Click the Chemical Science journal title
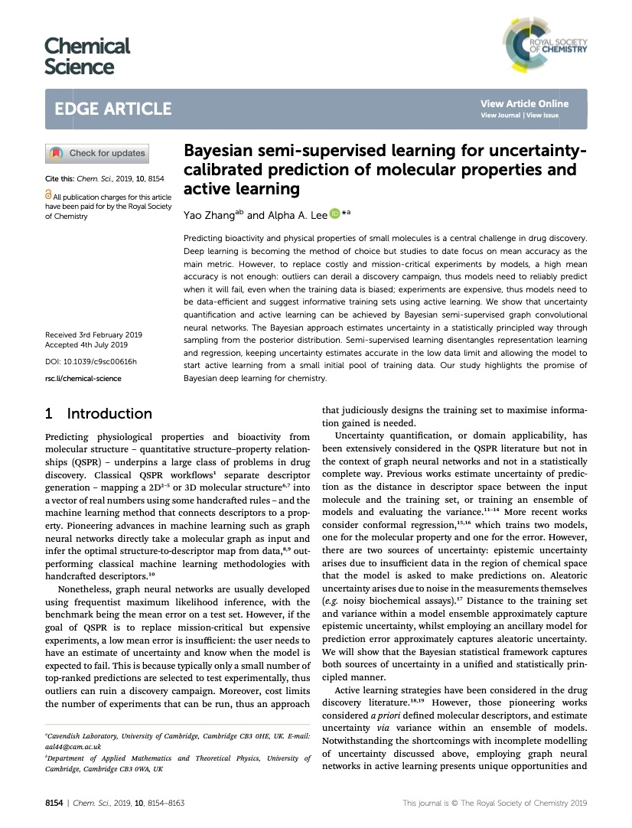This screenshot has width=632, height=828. coord(87,56)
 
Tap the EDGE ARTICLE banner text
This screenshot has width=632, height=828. coord(113,109)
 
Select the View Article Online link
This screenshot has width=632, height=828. coord(524,104)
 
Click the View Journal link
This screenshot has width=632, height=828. coord(500,116)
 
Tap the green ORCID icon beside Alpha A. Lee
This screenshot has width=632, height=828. coord(334,215)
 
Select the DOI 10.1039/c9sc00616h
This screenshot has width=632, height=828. coord(91,361)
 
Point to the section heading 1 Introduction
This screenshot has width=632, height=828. coord(99,414)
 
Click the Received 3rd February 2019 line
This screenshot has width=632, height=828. coord(93,335)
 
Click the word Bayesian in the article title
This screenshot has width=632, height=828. coord(222,151)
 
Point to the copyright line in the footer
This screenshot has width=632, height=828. coord(494,803)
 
